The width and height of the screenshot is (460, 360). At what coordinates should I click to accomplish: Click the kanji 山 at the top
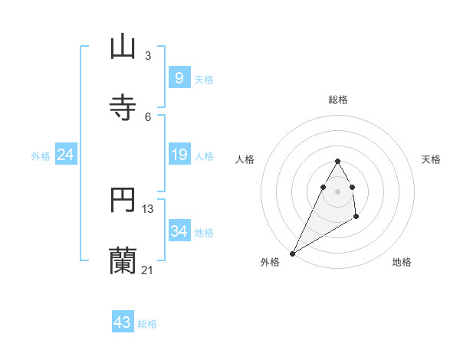123,47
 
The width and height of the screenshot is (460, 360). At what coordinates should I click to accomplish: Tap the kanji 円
123,201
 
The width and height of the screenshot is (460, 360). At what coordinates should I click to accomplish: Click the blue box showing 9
179,77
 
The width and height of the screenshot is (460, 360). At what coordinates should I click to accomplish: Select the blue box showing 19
179,155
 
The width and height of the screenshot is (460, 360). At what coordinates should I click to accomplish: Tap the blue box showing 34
179,231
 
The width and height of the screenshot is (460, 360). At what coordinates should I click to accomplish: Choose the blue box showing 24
66,155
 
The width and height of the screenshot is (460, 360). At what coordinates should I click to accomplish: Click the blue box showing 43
123,322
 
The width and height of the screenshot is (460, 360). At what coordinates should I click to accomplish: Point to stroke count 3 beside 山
148,56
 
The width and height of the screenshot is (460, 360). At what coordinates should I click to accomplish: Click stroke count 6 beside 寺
148,117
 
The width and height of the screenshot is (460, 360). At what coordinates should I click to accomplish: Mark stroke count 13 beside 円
148,208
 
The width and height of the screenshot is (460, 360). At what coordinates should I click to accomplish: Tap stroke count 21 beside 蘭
148,270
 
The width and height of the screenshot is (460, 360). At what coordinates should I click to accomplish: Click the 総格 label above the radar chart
338,100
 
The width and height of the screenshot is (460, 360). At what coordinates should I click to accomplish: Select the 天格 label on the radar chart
431,159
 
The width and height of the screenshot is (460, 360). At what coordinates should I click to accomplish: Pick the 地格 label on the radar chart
402,262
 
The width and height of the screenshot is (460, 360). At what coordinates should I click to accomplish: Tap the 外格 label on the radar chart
270,262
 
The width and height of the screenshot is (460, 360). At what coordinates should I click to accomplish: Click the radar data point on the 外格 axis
292,254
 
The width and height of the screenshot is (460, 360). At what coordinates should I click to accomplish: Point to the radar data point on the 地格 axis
356,217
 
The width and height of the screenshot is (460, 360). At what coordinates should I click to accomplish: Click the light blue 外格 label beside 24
41,155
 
